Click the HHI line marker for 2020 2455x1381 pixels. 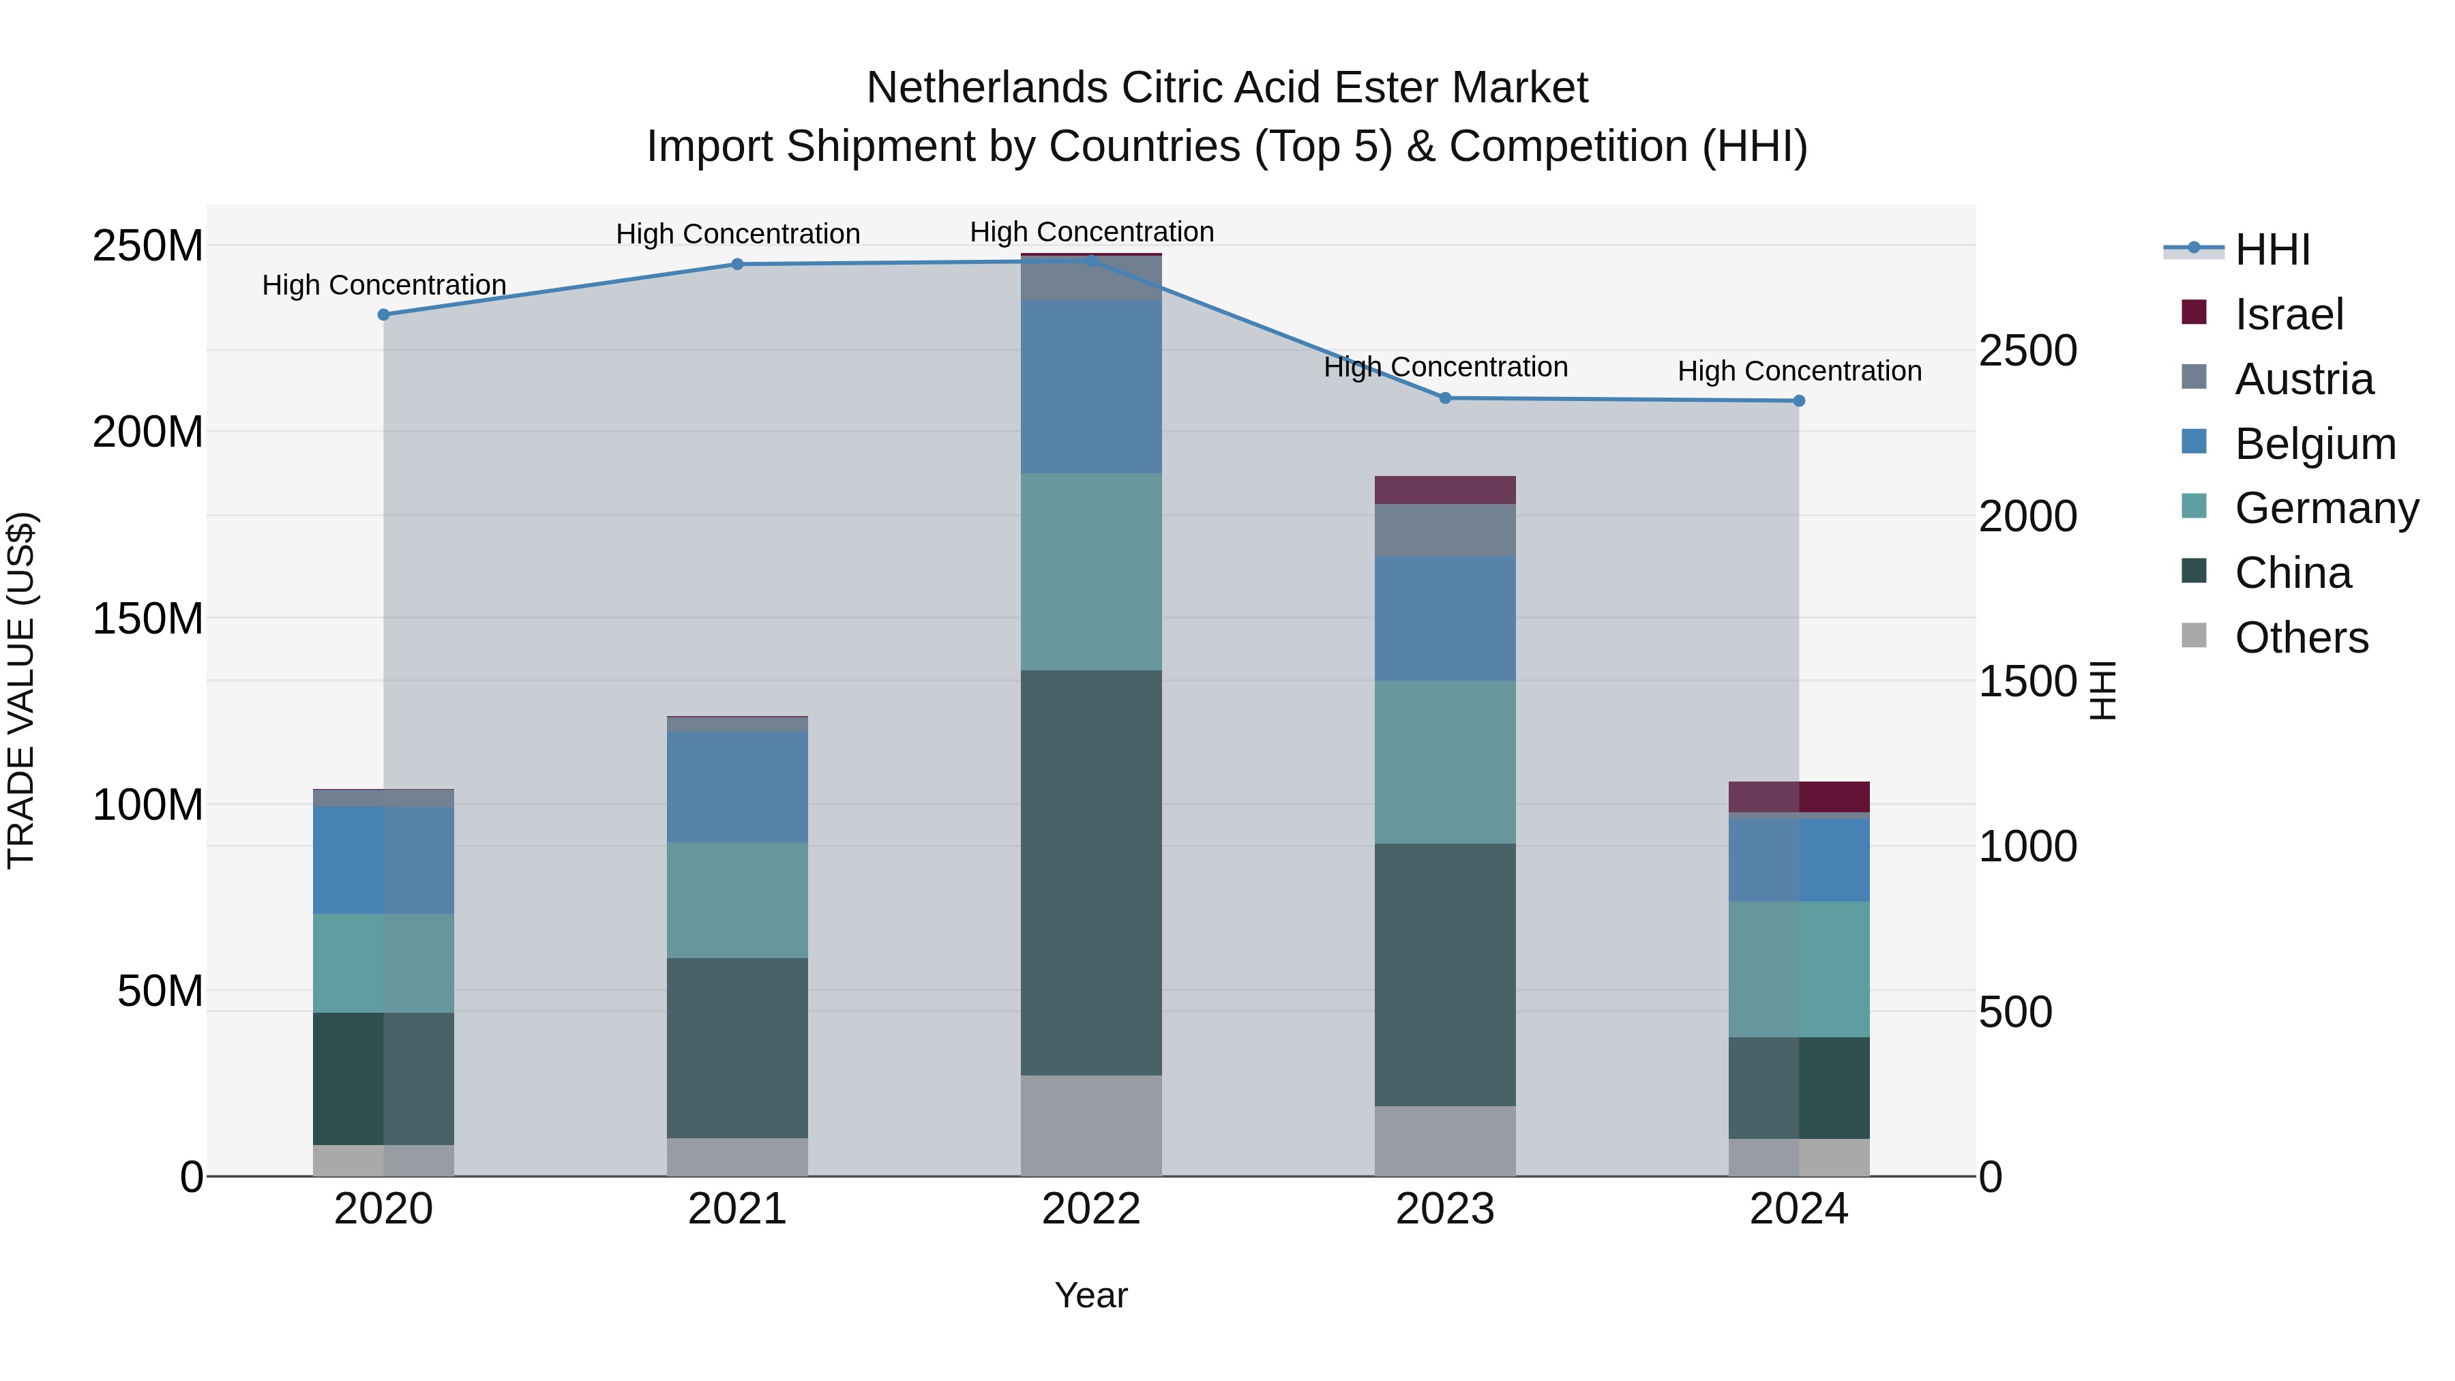(383, 314)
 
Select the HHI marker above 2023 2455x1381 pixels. (1445, 398)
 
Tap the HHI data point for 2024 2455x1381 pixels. (1798, 401)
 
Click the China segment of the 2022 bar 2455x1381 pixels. (1091, 872)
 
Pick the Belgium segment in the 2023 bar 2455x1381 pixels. (1445, 618)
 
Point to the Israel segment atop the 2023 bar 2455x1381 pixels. (1445, 490)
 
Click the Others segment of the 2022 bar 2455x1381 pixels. (1091, 1125)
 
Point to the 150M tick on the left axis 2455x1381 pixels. (148, 619)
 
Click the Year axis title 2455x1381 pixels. (1090, 1295)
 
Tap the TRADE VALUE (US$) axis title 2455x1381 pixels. (21, 690)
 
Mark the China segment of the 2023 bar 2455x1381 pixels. (1445, 974)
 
